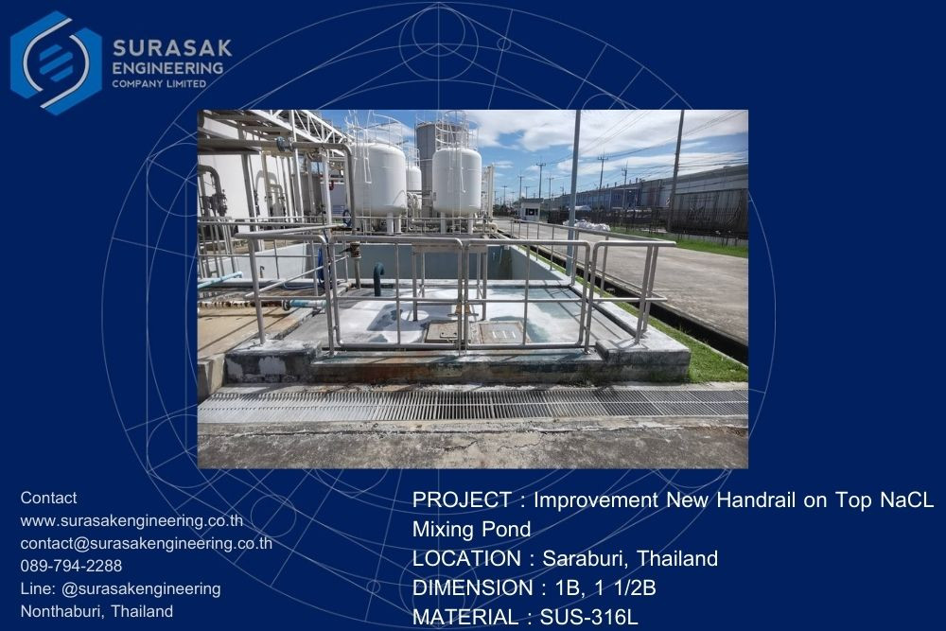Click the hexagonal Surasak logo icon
[x=56, y=62]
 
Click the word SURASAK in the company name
[x=172, y=47]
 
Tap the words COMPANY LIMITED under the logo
[x=159, y=84]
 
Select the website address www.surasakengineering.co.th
[x=131, y=520]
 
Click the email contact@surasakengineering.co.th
[x=147, y=544]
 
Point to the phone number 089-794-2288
[x=71, y=566]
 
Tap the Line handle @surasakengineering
[x=141, y=588]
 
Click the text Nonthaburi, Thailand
[x=96, y=611]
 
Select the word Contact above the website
[x=48, y=498]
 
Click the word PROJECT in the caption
[x=463, y=500]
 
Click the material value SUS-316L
[x=588, y=617]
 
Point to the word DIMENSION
[x=473, y=587]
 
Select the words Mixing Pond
[x=472, y=529]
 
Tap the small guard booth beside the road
[x=532, y=209]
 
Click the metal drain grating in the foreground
[x=473, y=404]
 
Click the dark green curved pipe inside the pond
[x=378, y=279]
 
